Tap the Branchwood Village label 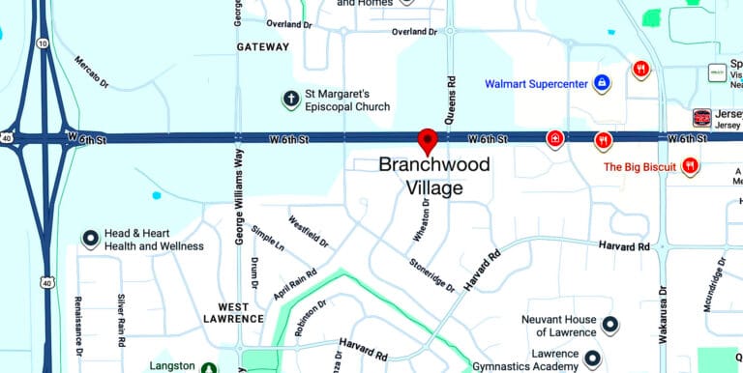(433, 176)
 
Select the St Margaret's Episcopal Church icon (289, 99)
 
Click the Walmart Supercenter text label (536, 84)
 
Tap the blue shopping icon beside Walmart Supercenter (602, 84)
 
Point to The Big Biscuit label (639, 167)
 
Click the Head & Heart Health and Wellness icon (90, 238)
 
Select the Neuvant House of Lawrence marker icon (609, 325)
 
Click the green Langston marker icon (209, 367)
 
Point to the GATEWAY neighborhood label (263, 46)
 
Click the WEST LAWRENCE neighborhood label (233, 312)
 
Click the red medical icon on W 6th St (555, 140)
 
